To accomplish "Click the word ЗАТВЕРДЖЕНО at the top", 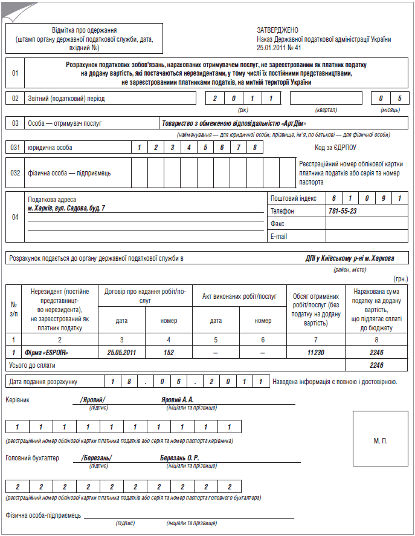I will point(277,30).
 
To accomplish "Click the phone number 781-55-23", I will point(342,211).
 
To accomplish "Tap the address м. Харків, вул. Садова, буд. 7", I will point(66,208).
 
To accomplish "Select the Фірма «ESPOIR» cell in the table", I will point(46,351).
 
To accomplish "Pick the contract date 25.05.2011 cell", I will point(121,351).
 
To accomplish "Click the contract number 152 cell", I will point(169,351).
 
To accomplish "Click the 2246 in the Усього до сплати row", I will point(377,365).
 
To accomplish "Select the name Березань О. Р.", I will point(179,458).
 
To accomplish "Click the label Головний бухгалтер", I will point(32,458).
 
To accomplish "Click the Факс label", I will point(277,224).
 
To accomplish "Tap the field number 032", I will point(16,172).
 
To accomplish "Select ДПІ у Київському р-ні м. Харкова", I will point(350,258).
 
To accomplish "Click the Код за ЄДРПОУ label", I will point(335,147).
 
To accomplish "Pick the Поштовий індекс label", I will point(294,198).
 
